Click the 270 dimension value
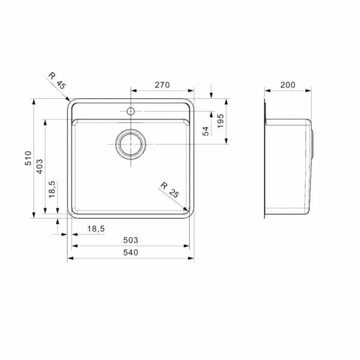coord(162,85)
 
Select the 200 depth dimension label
coord(288,85)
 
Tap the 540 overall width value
coord(130,252)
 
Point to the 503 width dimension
coord(130,240)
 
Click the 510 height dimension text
coord(28,158)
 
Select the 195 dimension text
coord(220,121)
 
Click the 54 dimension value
coord(206,131)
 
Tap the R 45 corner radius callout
coord(58,80)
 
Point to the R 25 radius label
coord(171,190)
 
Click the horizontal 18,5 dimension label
coord(95,229)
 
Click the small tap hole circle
coord(130,111)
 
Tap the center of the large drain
coord(130,144)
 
